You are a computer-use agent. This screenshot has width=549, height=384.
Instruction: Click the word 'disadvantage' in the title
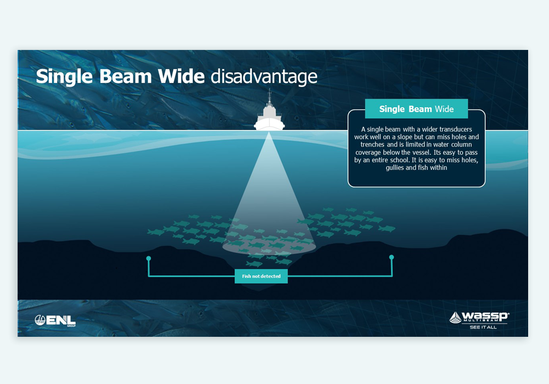coord(264,77)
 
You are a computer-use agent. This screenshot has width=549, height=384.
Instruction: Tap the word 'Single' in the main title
coord(64,77)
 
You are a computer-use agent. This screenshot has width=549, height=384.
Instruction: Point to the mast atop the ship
coord(269,97)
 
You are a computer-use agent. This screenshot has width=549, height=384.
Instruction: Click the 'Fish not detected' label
coord(261,276)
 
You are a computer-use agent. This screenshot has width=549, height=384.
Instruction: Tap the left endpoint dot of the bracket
coord(148,258)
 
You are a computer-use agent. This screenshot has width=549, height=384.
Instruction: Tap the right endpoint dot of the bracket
coord(391,257)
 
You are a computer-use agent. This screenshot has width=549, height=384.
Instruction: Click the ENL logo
coord(55,320)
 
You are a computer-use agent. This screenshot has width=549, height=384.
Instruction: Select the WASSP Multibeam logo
coord(479,317)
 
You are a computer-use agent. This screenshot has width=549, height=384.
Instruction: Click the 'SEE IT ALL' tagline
coord(483,327)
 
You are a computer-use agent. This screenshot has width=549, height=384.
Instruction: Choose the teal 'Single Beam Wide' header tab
coord(416,109)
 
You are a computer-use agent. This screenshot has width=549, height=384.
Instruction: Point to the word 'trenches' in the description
coord(372,145)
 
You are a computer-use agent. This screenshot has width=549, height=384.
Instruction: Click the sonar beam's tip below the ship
coord(268,133)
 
